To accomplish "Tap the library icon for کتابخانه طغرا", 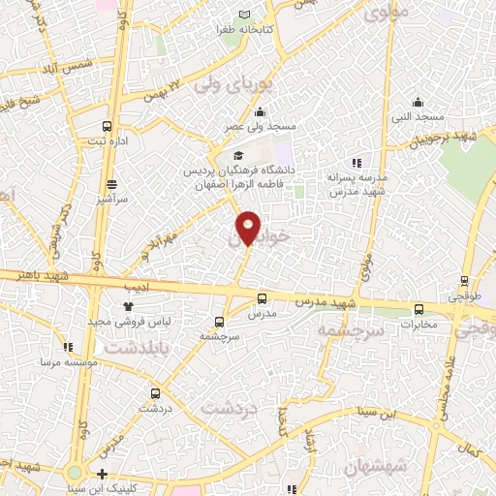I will (244, 14).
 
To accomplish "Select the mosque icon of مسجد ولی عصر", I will (260, 112).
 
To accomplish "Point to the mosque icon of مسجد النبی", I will (418, 102).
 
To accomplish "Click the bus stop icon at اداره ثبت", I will (108, 126).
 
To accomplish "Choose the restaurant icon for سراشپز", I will (112, 184).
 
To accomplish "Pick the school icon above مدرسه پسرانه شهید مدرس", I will (356, 163).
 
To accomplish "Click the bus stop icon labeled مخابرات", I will (418, 310).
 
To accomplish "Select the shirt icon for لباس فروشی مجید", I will (127, 306).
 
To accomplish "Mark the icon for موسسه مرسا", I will (67, 347).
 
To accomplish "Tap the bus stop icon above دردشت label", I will (156, 393).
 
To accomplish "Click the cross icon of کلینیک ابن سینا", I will (103, 474).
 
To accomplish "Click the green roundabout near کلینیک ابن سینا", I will (74, 473).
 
